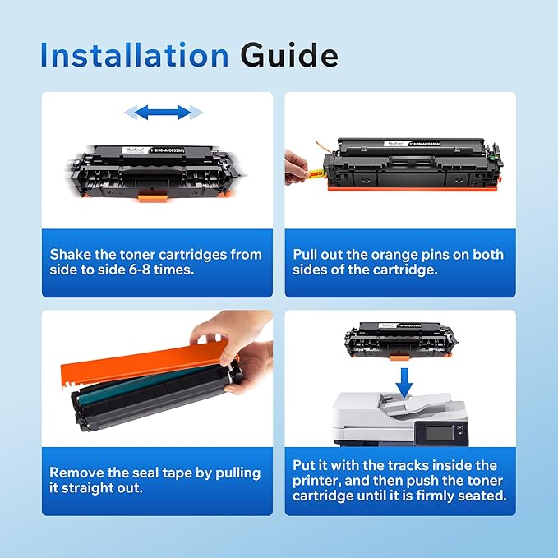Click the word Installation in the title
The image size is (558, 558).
[x=134, y=55]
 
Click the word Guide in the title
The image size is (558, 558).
[x=288, y=55]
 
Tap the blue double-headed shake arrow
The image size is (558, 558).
[x=163, y=111]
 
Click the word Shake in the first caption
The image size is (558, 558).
[x=70, y=254]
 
